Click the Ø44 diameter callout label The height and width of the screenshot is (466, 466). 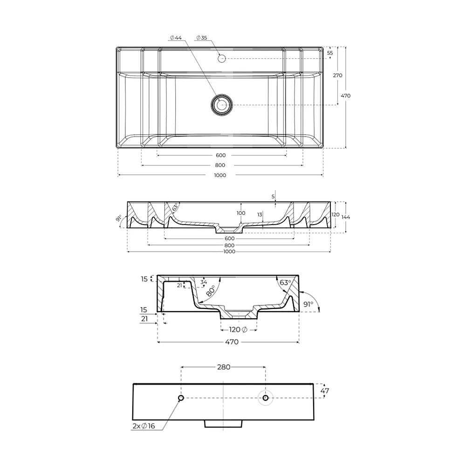176,38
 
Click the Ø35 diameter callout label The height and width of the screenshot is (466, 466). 201,38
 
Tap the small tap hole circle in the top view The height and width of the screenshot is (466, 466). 222,59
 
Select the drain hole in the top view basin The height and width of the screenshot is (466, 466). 222,104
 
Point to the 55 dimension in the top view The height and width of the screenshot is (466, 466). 330,53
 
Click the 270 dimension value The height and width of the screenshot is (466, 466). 337,75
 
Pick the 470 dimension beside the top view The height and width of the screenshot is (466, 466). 346,96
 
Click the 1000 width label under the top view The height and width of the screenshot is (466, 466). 220,175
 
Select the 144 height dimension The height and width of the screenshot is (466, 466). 346,217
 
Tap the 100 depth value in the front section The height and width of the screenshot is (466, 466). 241,213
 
